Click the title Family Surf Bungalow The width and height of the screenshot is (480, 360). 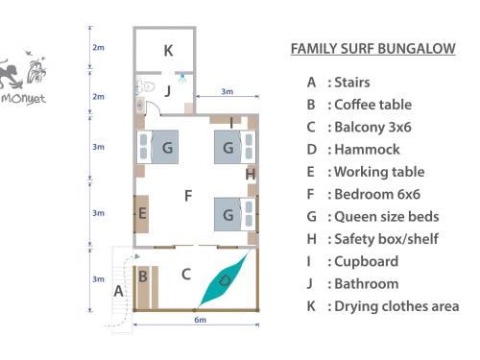(373, 49)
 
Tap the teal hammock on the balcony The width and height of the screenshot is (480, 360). (224, 279)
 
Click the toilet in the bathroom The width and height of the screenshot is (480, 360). (146, 86)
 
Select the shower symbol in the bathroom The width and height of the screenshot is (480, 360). (182, 78)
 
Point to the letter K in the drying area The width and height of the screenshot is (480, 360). (168, 51)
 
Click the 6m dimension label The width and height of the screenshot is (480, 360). (201, 320)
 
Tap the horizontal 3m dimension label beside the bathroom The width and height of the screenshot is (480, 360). (228, 91)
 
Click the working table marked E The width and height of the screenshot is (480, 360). (141, 213)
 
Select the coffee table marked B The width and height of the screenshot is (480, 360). (143, 287)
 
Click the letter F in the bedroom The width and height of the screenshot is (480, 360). (188, 196)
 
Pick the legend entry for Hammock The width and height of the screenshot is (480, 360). (353, 150)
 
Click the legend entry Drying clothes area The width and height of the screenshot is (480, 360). (383, 306)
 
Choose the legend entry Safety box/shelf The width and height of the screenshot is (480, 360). (372, 239)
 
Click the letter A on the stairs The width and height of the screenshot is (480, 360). (119, 291)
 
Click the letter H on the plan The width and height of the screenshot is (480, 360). (251, 175)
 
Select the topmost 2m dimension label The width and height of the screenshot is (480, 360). (98, 47)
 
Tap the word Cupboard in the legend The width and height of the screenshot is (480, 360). (367, 261)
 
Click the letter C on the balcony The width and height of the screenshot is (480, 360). (186, 275)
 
